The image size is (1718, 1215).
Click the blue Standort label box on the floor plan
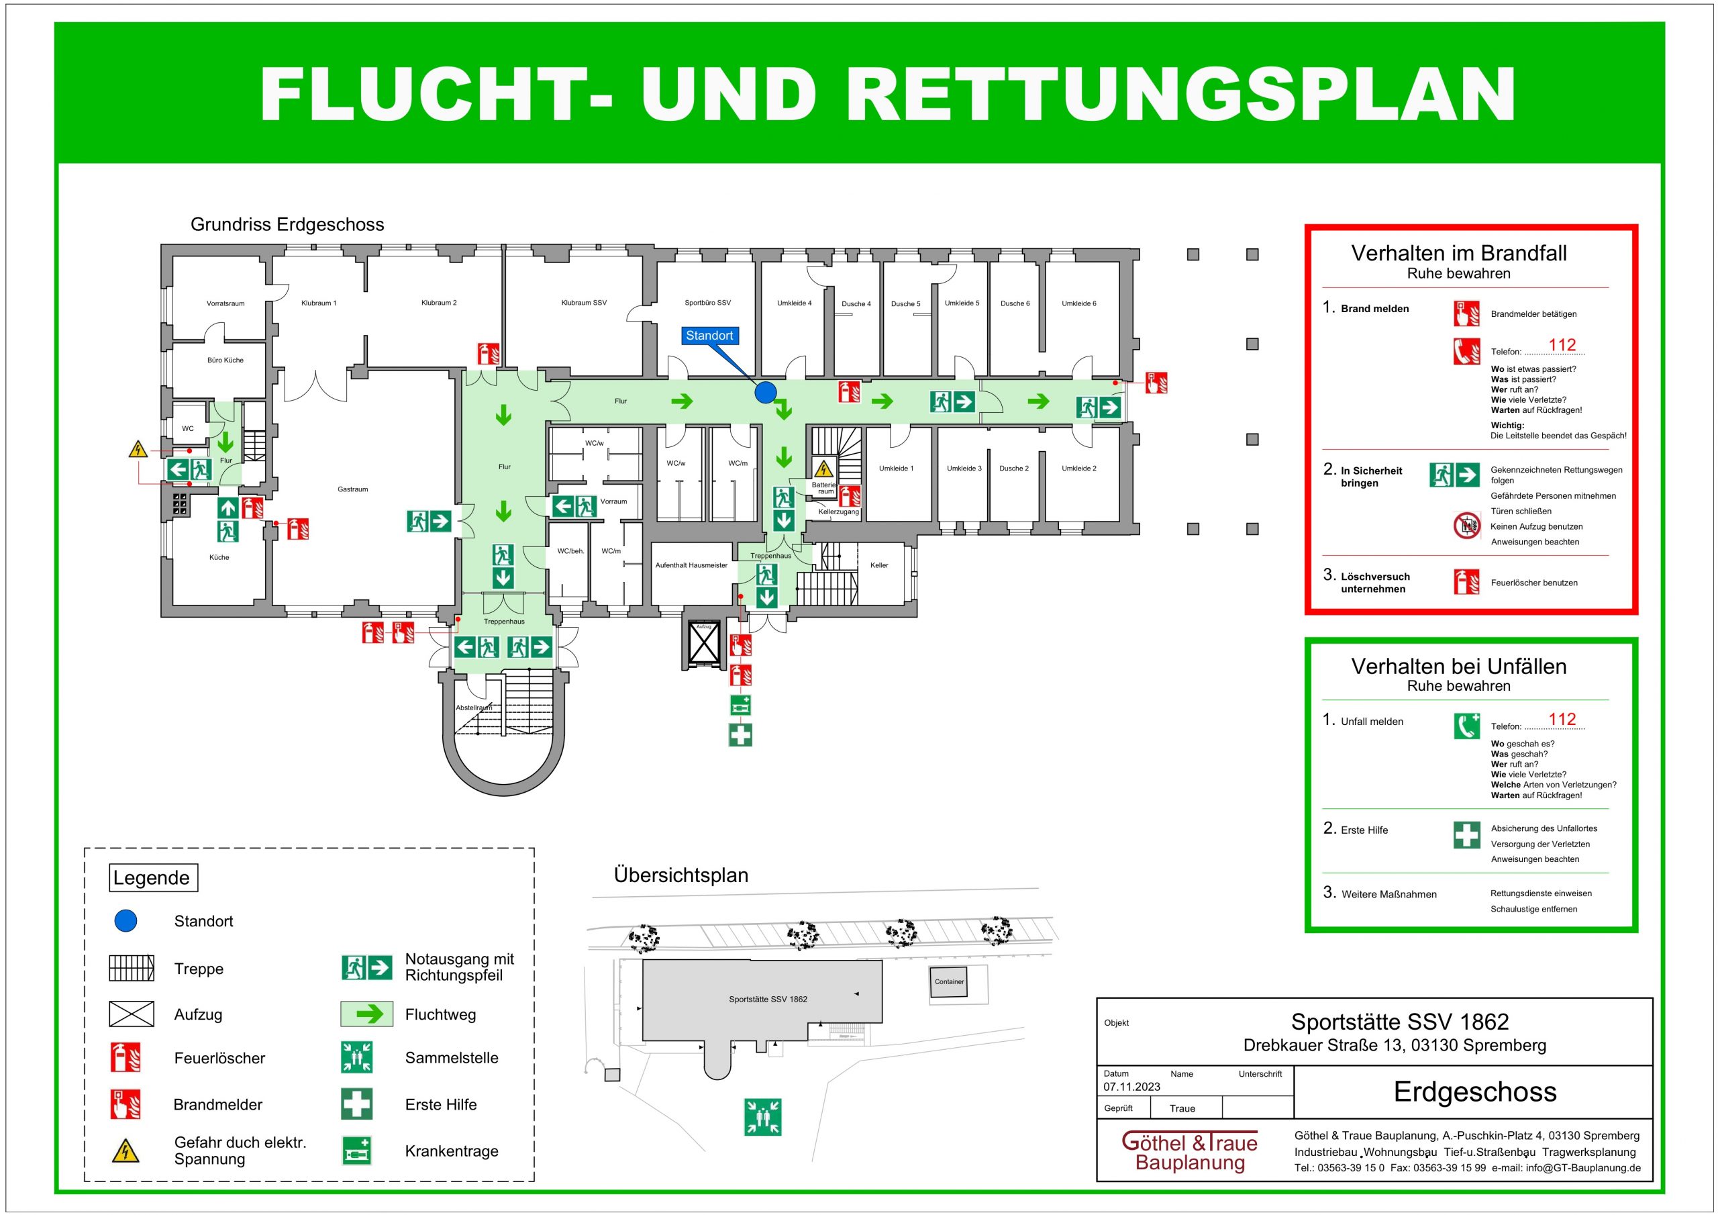click(709, 336)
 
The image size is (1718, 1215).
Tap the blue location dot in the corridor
click(765, 392)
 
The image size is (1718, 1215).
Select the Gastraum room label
click(352, 489)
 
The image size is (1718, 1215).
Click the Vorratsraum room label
click(225, 304)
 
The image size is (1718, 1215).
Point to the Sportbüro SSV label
click(707, 303)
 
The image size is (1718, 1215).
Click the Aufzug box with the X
click(703, 642)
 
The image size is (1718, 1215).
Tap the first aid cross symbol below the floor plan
click(740, 735)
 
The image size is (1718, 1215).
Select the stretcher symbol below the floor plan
click(740, 706)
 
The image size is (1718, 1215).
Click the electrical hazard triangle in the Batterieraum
click(823, 469)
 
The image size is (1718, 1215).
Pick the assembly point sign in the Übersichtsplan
click(762, 1117)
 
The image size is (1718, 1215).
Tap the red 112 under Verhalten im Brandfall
click(1562, 345)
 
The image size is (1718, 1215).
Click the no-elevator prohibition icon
click(1466, 526)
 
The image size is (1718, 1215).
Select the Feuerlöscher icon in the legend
click(124, 1058)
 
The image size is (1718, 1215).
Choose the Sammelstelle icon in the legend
click(357, 1058)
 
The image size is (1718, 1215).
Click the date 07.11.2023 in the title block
click(1131, 1087)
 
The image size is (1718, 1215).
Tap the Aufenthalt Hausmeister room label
click(691, 565)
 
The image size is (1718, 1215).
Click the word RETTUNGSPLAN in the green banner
click(1180, 95)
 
